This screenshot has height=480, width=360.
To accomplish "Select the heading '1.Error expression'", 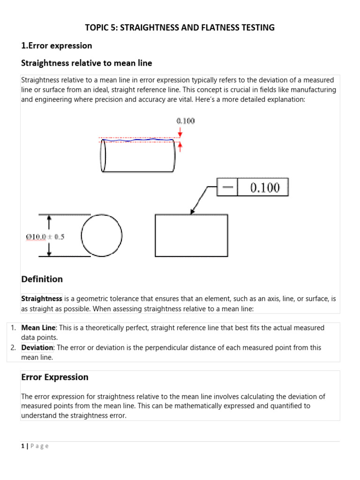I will click(x=57, y=45).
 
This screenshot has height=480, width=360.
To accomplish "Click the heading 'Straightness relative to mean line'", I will click(x=87, y=63).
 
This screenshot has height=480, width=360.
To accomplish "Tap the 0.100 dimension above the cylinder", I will click(x=186, y=121).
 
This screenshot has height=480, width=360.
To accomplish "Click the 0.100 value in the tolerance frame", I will click(x=265, y=187).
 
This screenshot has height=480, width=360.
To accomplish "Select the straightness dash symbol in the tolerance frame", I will click(x=227, y=187).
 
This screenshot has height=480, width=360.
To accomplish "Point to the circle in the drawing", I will click(x=102, y=236).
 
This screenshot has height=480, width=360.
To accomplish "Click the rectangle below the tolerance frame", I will click(x=191, y=236).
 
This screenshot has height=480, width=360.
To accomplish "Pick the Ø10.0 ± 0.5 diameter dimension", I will click(x=45, y=237).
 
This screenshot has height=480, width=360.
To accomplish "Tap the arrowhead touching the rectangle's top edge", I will click(x=192, y=211).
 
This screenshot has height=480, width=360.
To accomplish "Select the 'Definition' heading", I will click(x=42, y=279).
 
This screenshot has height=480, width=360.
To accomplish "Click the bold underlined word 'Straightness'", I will click(x=42, y=299).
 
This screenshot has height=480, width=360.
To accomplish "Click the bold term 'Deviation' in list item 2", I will click(x=37, y=347).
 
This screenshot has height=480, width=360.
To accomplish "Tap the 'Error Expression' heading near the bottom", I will click(x=55, y=377).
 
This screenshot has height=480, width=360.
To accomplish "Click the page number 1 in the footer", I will click(x=22, y=446).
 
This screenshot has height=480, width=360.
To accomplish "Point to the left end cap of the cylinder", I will click(x=103, y=156).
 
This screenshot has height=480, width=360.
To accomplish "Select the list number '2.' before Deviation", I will click(x=14, y=347).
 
